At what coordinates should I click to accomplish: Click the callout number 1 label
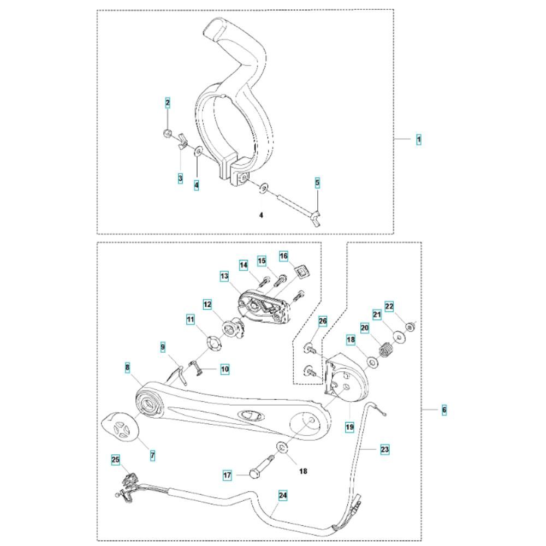pyautogui.click(x=419, y=140)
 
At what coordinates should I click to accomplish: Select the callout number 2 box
pyautogui.click(x=168, y=102)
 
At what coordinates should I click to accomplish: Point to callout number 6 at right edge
pyautogui.click(x=444, y=409)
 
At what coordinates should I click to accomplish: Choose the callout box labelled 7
pyautogui.click(x=152, y=454)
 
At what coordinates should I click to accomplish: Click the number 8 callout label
pyautogui.click(x=127, y=368)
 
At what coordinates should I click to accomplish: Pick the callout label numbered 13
pyautogui.click(x=224, y=277)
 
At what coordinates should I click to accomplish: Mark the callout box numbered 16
pyautogui.click(x=283, y=256)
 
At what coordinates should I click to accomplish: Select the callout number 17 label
pyautogui.click(x=228, y=476)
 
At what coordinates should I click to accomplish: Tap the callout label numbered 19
pyautogui.click(x=349, y=426)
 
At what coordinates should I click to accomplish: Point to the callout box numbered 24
pyautogui.click(x=282, y=496)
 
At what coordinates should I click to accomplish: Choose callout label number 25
pyautogui.click(x=115, y=460)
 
